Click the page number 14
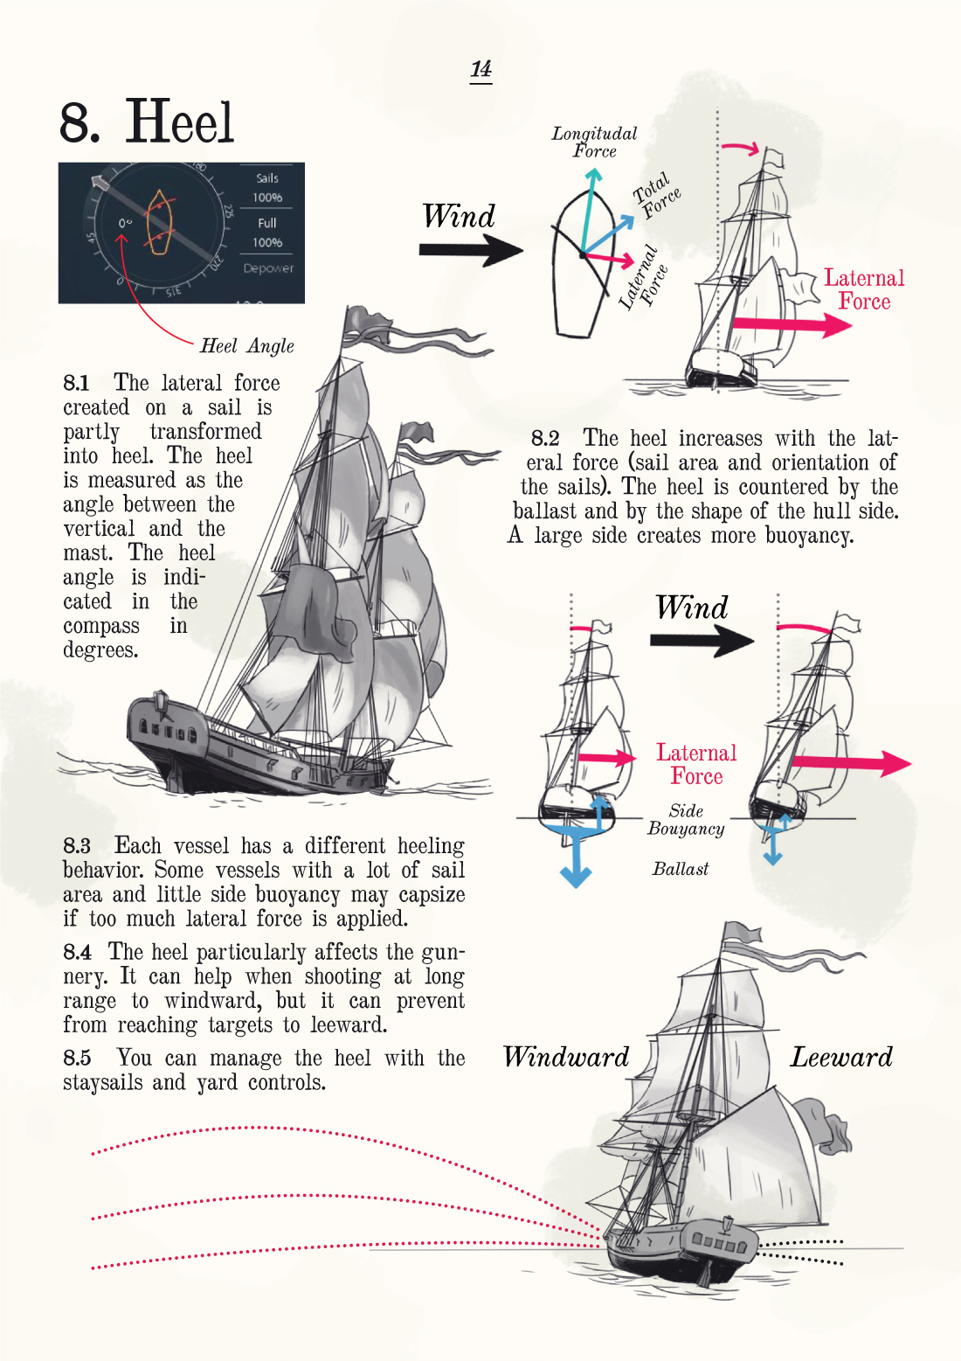pos(480,69)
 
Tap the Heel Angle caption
pos(246,346)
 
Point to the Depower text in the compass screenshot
pos(268,268)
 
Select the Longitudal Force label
pos(594,142)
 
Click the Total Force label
pos(657,195)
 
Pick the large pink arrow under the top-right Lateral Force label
pos(791,325)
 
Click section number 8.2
pos(545,438)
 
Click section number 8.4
pos(77,952)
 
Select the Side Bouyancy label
pos(686,820)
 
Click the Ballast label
pos(681,869)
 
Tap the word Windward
pos(566,1057)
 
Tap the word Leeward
pos(841,1057)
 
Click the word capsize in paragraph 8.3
pos(432,895)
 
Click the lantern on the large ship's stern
pos(161,700)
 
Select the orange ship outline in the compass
pos(158,224)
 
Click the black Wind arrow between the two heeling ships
pos(701,641)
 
